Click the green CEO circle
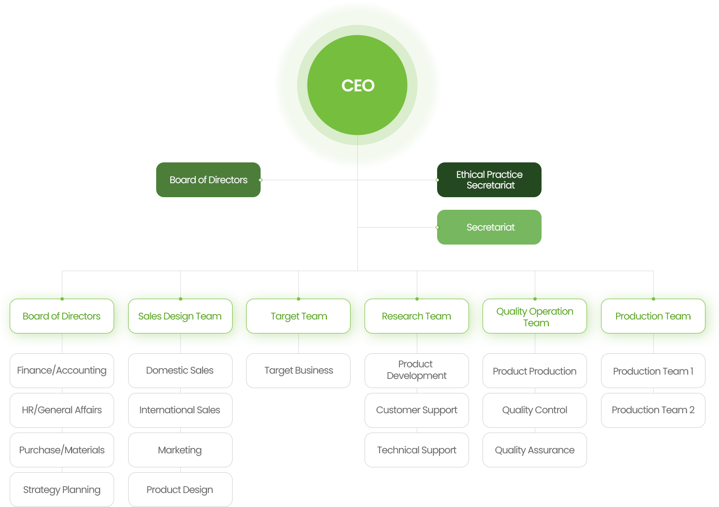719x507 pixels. pyautogui.click(x=357, y=85)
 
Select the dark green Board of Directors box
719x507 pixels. pyautogui.click(x=208, y=180)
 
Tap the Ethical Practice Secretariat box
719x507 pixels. pyautogui.click(x=489, y=180)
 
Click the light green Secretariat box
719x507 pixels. pyautogui.click(x=489, y=227)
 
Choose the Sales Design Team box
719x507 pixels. pyautogui.click(x=180, y=316)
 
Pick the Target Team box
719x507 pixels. pyautogui.click(x=298, y=316)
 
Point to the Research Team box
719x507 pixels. pyautogui.click(x=417, y=316)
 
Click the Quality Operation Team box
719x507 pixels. pyautogui.click(x=535, y=316)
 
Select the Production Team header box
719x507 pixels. pyautogui.click(x=653, y=316)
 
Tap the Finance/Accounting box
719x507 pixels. pyautogui.click(x=62, y=371)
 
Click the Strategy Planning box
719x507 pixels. pyautogui.click(x=62, y=490)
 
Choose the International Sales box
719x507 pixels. pyautogui.click(x=180, y=410)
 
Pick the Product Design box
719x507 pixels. pyautogui.click(x=180, y=490)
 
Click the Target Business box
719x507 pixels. pyautogui.click(x=298, y=371)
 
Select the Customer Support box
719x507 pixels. pyautogui.click(x=417, y=410)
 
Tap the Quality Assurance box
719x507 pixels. pyautogui.click(x=535, y=450)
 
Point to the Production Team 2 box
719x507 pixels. pyautogui.click(x=653, y=410)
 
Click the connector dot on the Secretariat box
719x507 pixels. pyautogui.click(x=437, y=227)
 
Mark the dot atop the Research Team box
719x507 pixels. pyautogui.click(x=417, y=299)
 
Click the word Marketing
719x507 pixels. pyautogui.click(x=180, y=450)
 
